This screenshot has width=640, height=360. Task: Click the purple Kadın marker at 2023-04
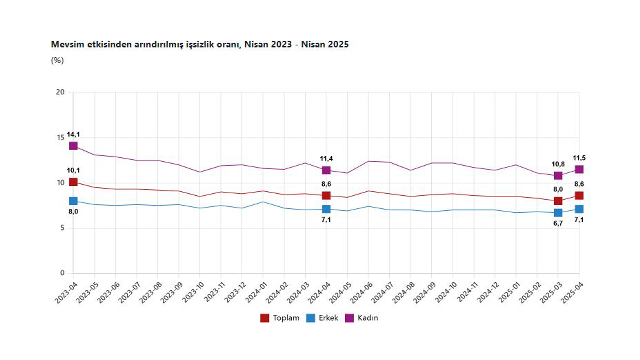pyautogui.click(x=73, y=146)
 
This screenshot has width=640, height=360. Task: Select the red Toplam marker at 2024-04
pyautogui.click(x=326, y=195)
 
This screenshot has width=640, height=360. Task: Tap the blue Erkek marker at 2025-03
pyautogui.click(x=558, y=213)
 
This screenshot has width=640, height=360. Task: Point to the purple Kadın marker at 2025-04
pyautogui.click(x=579, y=169)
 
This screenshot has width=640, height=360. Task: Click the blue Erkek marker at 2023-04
pyautogui.click(x=73, y=201)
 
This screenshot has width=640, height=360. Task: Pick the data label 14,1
pyautogui.click(x=73, y=134)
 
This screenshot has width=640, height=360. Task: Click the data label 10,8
pyautogui.click(x=558, y=164)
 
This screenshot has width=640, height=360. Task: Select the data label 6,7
pyautogui.click(x=558, y=224)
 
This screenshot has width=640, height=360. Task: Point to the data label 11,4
pyautogui.click(x=326, y=159)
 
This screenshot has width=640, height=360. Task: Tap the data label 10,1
pyautogui.click(x=73, y=171)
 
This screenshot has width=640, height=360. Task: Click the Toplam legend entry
pyautogui.click(x=280, y=318)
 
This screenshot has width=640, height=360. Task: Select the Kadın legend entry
pyautogui.click(x=362, y=318)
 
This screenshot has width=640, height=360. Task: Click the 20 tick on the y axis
pyautogui.click(x=60, y=92)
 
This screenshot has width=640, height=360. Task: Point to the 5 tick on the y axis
pyautogui.click(x=62, y=228)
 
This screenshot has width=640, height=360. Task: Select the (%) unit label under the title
pyautogui.click(x=57, y=60)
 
